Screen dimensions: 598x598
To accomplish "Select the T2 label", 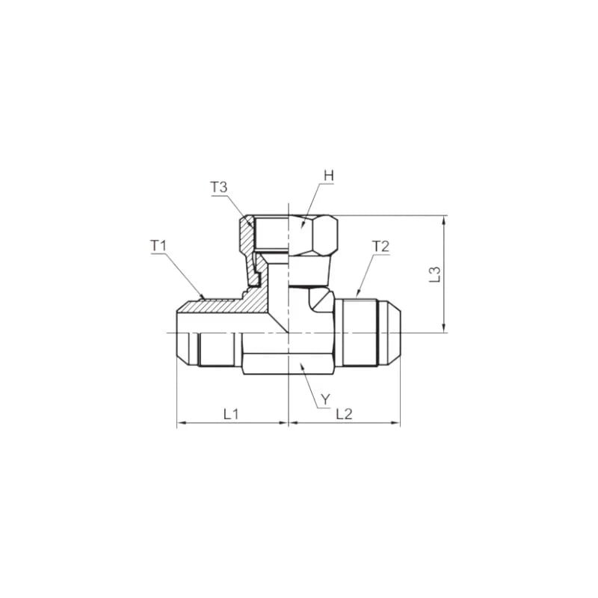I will click(x=380, y=246).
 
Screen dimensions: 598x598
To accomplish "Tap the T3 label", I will click(x=218, y=188).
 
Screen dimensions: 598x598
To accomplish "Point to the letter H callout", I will click(x=328, y=176).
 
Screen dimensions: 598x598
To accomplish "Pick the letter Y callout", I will click(x=324, y=400).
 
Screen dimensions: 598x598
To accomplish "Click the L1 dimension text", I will click(x=231, y=413).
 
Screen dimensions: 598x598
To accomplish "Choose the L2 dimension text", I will click(x=344, y=413).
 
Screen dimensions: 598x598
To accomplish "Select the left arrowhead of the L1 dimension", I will click(x=180, y=423).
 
